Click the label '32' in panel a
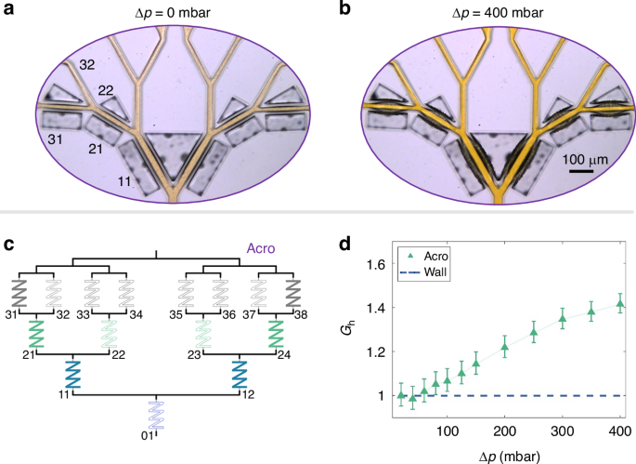tap(86, 66)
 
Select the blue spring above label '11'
tap(72, 376)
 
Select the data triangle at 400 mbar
tap(619, 304)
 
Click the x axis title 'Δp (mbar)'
tap(504, 453)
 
